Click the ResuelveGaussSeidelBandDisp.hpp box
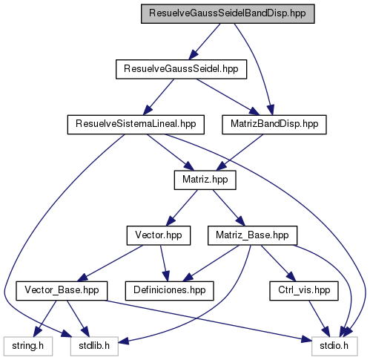pyautogui.click(x=228, y=14)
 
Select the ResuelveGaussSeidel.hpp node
pyautogui.click(x=181, y=69)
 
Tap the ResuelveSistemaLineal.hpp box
pyautogui.click(x=136, y=125)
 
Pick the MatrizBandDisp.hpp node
pyautogui.click(x=274, y=125)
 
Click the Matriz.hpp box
pyautogui.click(x=205, y=180)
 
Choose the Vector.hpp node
pyautogui.click(x=159, y=235)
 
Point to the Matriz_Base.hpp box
pyautogui.click(x=252, y=235)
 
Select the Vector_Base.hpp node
pyautogui.click(x=62, y=291)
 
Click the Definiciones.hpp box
pyautogui.click(x=170, y=291)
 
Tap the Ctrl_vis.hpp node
pyautogui.click(x=304, y=291)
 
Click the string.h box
pyautogui.click(x=28, y=346)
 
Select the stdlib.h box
pyautogui.click(x=94, y=346)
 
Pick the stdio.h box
pyautogui.click(x=334, y=346)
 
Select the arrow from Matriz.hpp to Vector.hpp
pyautogui.click(x=182, y=208)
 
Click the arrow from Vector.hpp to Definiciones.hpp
pyautogui.click(x=165, y=264)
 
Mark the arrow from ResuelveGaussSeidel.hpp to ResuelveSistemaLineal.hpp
pyautogui.click(x=159, y=97)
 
